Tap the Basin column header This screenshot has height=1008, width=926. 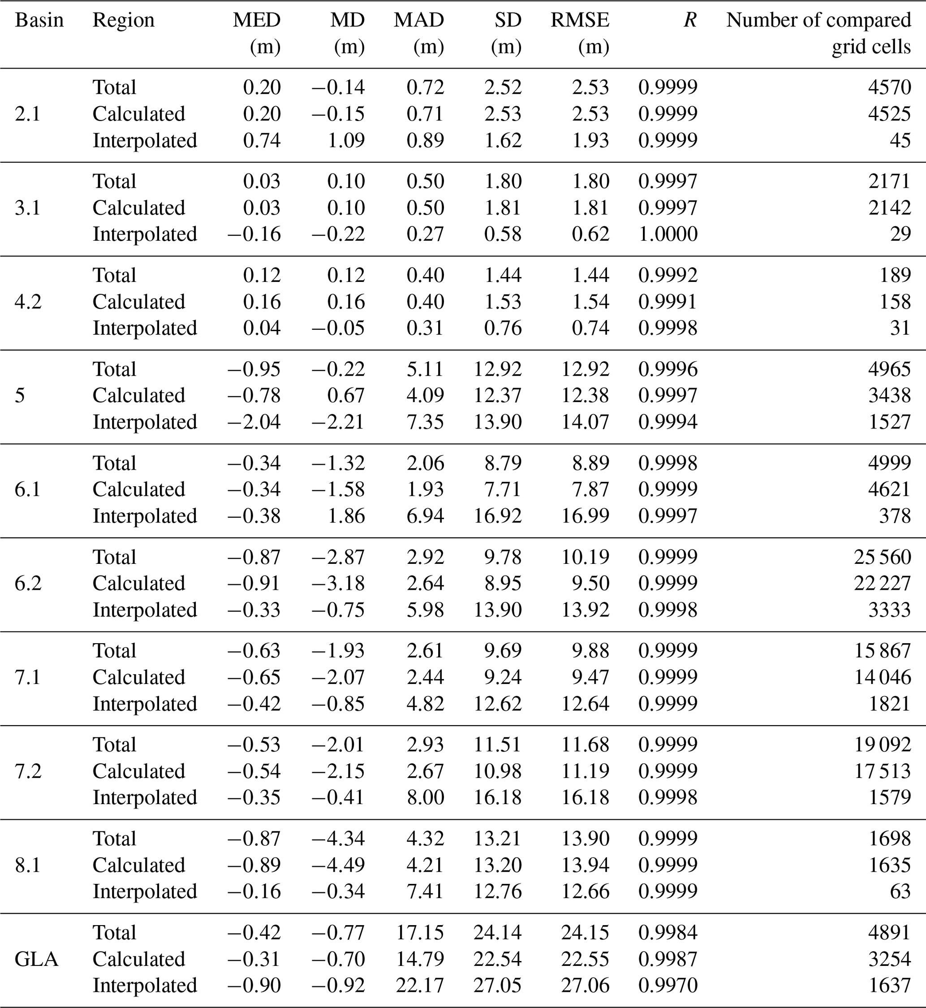[x=39, y=21]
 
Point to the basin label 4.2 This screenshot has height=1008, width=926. [x=28, y=302]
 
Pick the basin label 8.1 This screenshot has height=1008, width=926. [x=28, y=865]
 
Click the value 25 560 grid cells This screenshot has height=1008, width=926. [x=882, y=557]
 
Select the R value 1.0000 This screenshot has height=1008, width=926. [x=668, y=234]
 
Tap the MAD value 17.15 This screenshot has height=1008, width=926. [x=420, y=932]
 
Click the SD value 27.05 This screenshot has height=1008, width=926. [x=498, y=986]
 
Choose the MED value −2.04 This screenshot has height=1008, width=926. [x=254, y=422]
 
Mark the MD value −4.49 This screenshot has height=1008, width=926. [x=338, y=865]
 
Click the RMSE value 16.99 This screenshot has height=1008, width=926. [x=585, y=516]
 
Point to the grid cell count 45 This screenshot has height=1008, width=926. [x=900, y=140]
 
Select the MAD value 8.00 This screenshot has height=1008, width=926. [x=426, y=797]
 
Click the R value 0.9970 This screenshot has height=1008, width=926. [x=668, y=986]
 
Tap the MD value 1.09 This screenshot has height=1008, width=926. [x=346, y=140]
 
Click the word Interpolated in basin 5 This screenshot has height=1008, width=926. [x=145, y=422]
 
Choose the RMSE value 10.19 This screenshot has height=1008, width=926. [x=585, y=557]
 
